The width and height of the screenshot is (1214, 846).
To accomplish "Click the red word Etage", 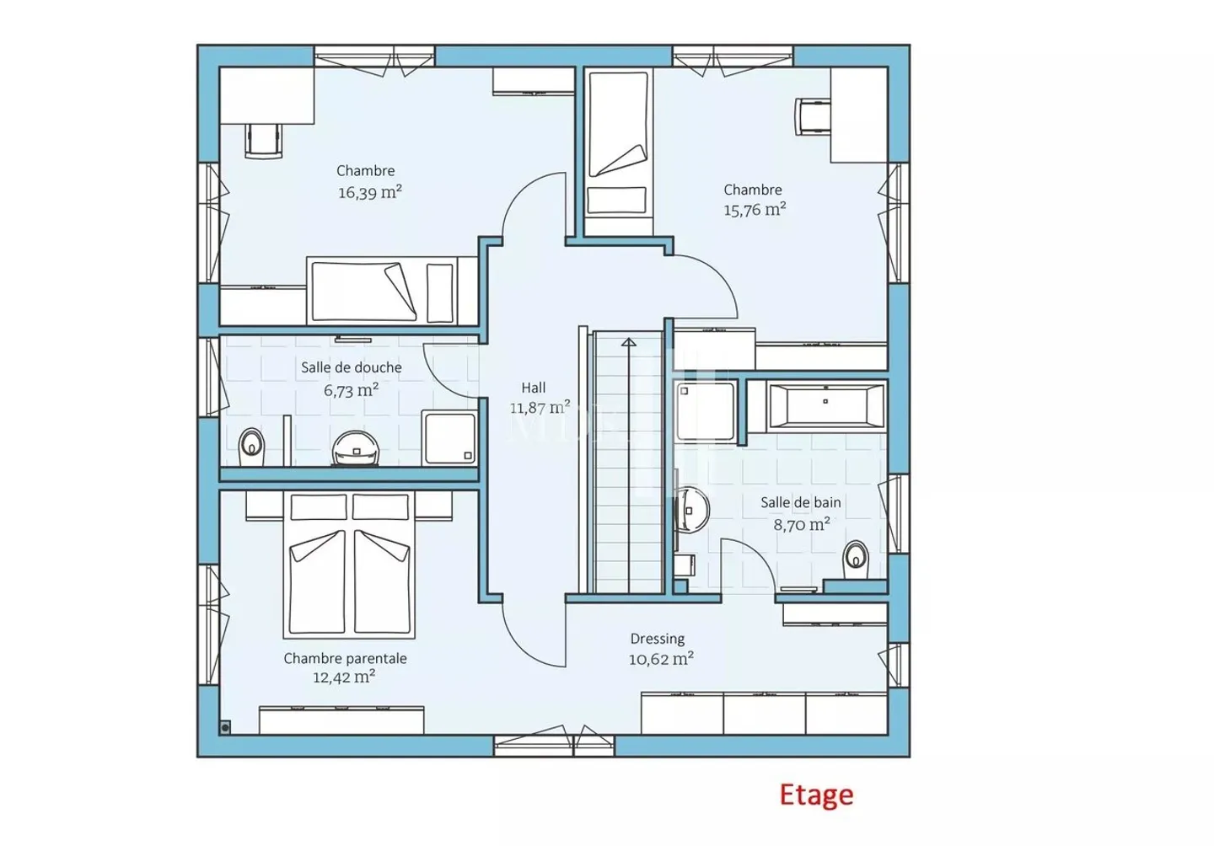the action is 816,795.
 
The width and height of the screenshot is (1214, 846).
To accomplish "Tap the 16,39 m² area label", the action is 370,192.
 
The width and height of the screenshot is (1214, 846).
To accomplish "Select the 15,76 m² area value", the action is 755,209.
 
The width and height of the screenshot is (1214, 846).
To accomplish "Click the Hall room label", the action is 534,388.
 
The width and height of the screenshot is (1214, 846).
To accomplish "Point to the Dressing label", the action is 658,639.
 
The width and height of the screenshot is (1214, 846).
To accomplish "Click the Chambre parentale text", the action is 346,658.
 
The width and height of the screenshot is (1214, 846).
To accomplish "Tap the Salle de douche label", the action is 352,367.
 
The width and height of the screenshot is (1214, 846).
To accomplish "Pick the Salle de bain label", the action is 801,502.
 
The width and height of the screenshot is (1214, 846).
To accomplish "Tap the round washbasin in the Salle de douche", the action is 356,447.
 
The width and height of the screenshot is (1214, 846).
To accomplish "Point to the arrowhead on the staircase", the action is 629,342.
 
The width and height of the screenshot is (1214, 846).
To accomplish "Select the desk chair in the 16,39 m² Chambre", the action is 264,141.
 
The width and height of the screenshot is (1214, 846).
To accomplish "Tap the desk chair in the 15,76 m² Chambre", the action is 813,116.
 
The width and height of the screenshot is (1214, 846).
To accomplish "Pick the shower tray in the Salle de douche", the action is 450,438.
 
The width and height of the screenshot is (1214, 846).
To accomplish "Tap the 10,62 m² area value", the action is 661,659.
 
